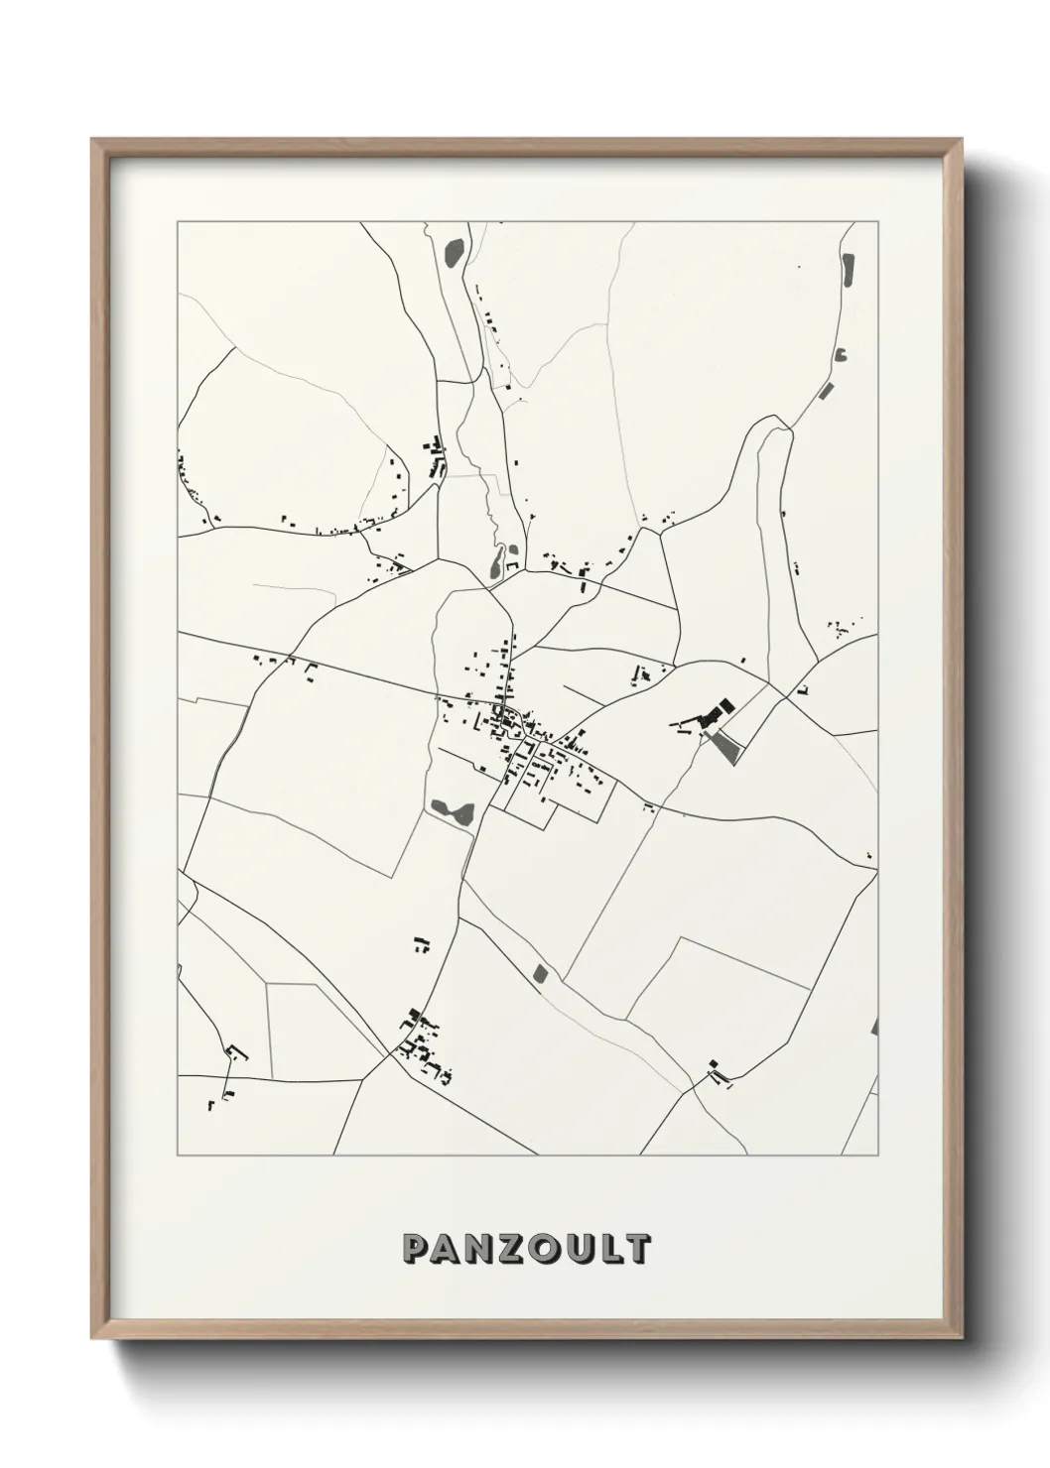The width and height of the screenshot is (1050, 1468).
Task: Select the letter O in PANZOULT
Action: pos(545,1249)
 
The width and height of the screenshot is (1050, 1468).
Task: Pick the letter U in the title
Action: pos(579,1249)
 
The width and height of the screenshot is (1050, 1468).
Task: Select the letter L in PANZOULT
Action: pos(608,1249)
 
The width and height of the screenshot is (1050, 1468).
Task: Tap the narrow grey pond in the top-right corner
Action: pos(848,270)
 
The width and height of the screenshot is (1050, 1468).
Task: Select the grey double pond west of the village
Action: pos(454,810)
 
